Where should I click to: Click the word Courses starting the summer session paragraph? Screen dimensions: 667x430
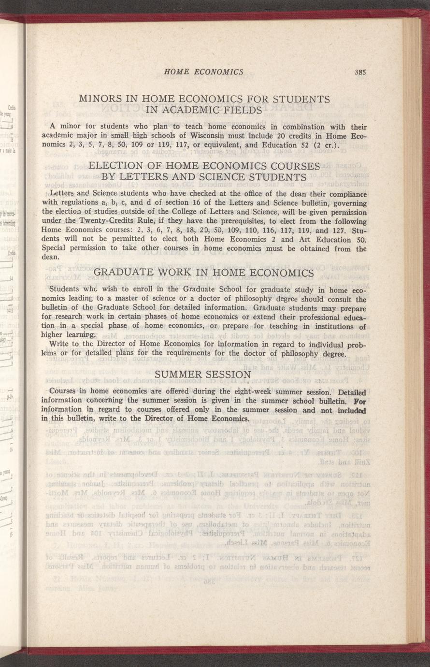(63, 391)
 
